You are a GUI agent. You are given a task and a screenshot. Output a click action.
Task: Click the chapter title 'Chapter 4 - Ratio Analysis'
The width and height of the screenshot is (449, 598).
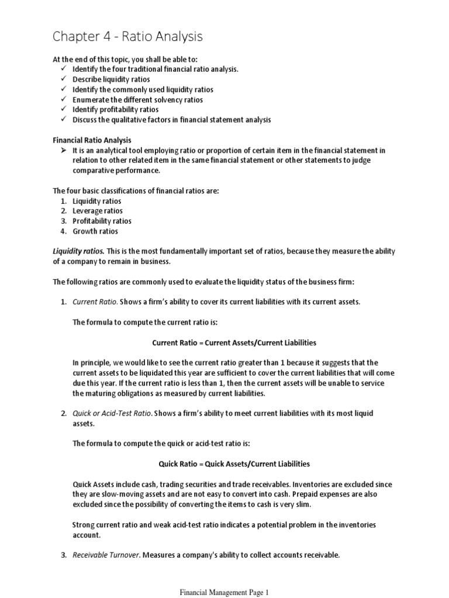click(127, 37)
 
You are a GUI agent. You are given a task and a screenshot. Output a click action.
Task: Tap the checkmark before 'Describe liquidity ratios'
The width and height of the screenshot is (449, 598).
click(64, 79)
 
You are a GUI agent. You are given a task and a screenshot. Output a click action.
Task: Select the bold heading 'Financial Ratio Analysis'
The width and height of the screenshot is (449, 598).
click(92, 140)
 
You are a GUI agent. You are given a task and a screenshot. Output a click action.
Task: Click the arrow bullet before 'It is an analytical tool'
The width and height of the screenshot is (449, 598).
click(64, 151)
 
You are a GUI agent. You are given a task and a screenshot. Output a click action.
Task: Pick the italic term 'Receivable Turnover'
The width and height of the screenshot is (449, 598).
click(106, 555)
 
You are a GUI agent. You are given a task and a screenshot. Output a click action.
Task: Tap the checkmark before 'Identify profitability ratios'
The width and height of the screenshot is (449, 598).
click(64, 109)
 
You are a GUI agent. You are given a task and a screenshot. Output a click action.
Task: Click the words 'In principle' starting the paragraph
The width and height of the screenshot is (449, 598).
click(91, 362)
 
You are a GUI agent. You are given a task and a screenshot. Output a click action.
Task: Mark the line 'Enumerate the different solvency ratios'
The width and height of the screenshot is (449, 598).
click(137, 99)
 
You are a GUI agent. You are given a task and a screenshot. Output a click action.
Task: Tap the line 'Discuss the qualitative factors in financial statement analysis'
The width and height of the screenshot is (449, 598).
click(171, 120)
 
